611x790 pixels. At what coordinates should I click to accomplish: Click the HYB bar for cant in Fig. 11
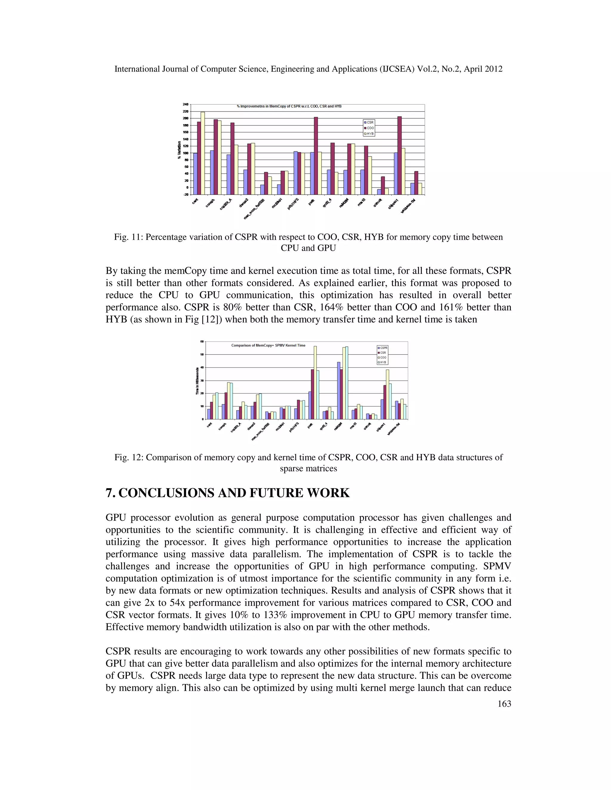[203, 153]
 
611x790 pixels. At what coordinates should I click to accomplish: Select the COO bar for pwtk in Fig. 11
[316, 156]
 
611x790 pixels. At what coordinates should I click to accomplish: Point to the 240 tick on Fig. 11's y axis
[185, 105]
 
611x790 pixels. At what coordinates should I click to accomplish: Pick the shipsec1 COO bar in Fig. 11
[399, 155]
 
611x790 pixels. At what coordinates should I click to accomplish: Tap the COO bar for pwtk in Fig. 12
[315, 383]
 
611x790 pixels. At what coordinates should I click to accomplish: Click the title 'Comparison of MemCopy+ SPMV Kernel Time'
[268, 346]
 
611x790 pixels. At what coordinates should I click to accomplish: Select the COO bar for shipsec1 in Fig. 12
[387, 394]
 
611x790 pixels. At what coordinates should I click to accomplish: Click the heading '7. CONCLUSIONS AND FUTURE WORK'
[227, 493]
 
